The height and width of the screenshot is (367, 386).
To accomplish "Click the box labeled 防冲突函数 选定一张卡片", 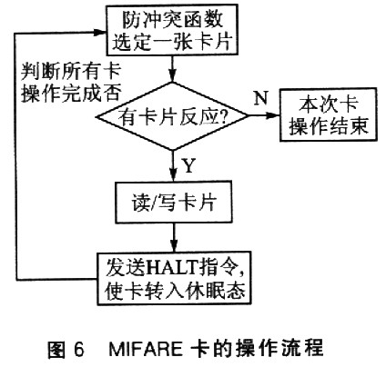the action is point(172,30).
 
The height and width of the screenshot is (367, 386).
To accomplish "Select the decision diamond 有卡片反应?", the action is point(172,116).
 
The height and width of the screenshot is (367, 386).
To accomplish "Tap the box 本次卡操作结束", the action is point(329,114).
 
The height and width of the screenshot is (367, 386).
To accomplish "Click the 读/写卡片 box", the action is point(174,203).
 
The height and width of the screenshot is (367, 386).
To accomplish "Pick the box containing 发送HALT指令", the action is point(174,279).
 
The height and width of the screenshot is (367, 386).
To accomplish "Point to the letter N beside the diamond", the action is point(261,98).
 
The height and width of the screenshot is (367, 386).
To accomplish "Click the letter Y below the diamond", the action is point(188,165).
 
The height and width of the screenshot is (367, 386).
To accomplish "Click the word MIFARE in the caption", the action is point(146,349).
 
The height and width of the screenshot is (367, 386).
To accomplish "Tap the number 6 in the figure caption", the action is point(78,349).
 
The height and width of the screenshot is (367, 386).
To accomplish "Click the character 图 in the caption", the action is point(56,349).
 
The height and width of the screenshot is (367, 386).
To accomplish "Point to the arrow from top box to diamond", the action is point(172,69).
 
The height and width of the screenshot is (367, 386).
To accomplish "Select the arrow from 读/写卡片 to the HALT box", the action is point(174,238).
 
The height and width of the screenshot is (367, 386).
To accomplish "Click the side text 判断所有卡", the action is point(71,72).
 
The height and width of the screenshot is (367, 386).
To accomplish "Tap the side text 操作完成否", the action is point(71,93).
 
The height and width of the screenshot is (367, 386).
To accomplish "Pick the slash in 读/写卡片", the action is point(156,203).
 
